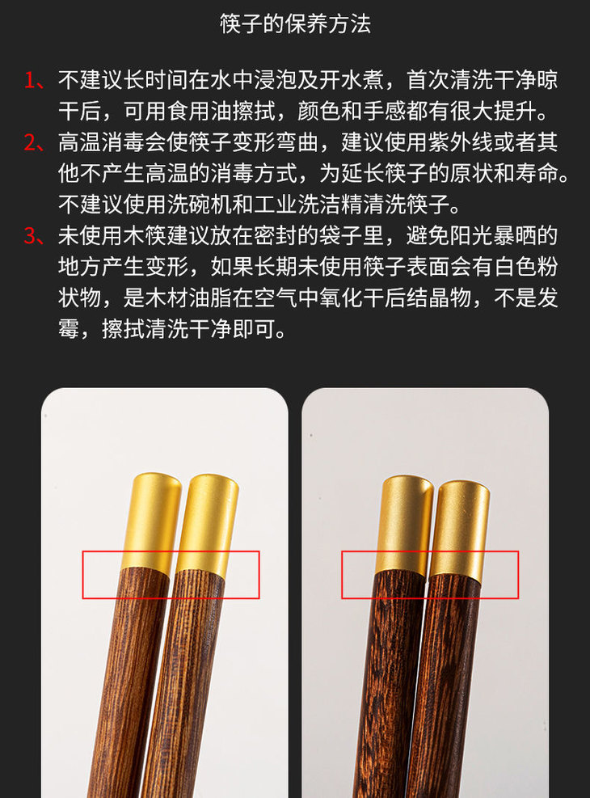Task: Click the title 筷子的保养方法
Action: coord(295,23)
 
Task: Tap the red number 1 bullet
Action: coord(30,80)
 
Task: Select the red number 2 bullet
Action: coord(31,143)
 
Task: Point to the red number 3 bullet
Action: coord(31,235)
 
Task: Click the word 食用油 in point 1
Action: coord(200,112)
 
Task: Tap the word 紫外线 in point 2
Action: coord(461,142)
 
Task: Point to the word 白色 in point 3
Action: coord(515,267)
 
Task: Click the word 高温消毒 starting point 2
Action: coord(102,142)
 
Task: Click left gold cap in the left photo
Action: coord(151,524)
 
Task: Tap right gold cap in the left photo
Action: coord(207,526)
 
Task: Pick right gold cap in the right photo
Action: coord(460,530)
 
